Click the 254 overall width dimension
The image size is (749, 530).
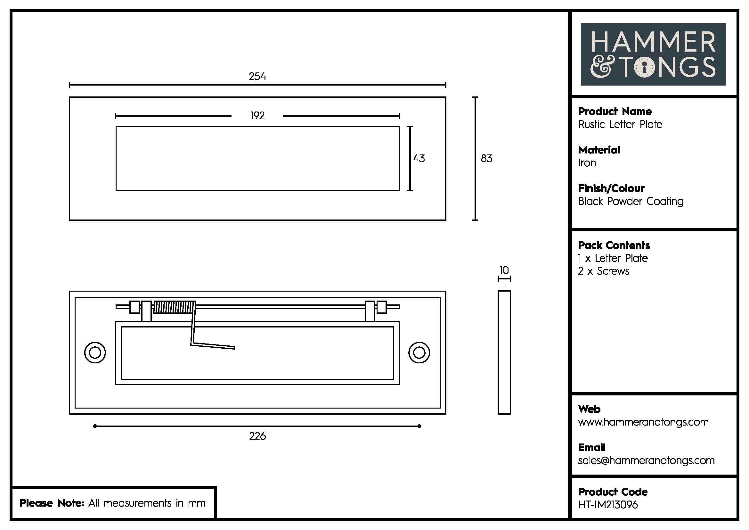tap(257, 77)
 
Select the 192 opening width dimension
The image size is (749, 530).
tap(257, 116)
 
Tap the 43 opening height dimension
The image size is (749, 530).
tap(419, 159)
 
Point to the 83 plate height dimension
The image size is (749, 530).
tap(486, 159)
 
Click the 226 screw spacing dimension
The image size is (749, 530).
tap(257, 436)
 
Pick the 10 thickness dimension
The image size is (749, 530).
tap(504, 270)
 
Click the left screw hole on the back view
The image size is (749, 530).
tap(95, 353)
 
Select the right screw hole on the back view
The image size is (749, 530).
tap(419, 353)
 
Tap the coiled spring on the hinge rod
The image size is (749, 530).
tap(174, 307)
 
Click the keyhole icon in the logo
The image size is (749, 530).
tap(644, 68)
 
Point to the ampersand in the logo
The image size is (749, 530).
tap(602, 67)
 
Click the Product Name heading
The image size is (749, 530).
tap(615, 112)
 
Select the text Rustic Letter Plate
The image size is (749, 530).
tap(620, 124)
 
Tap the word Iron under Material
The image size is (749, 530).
tap(587, 163)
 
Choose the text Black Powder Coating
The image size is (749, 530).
tap(631, 201)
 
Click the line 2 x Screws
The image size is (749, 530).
tap(604, 271)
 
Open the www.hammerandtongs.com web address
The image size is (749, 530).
tap(643, 422)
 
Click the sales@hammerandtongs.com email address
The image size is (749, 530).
tap(646, 460)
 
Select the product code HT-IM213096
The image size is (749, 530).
tap(608, 505)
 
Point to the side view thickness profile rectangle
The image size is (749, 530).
tap(504, 352)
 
